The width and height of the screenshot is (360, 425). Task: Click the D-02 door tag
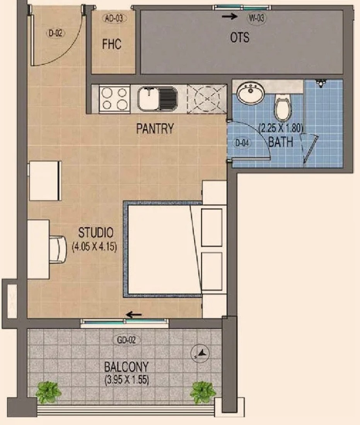point(56,33)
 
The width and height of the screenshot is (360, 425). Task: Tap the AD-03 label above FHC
point(114,19)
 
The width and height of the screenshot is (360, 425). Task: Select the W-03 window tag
point(256,18)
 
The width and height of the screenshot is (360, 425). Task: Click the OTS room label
point(240,37)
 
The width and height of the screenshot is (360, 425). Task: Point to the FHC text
point(111,44)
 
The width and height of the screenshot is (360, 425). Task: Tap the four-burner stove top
point(114,99)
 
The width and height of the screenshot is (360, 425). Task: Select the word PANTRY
point(155,129)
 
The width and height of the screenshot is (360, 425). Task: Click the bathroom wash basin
point(251,93)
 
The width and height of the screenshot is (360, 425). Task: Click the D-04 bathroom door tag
point(242,143)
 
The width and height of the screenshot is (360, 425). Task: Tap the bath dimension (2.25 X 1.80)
point(281,128)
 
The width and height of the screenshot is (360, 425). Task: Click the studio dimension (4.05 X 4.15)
point(94,247)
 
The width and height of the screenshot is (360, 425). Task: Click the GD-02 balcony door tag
point(126,340)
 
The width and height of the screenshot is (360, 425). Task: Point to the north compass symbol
point(200,354)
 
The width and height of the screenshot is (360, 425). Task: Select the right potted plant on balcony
point(203,392)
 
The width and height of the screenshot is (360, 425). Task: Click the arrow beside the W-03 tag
point(230,17)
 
